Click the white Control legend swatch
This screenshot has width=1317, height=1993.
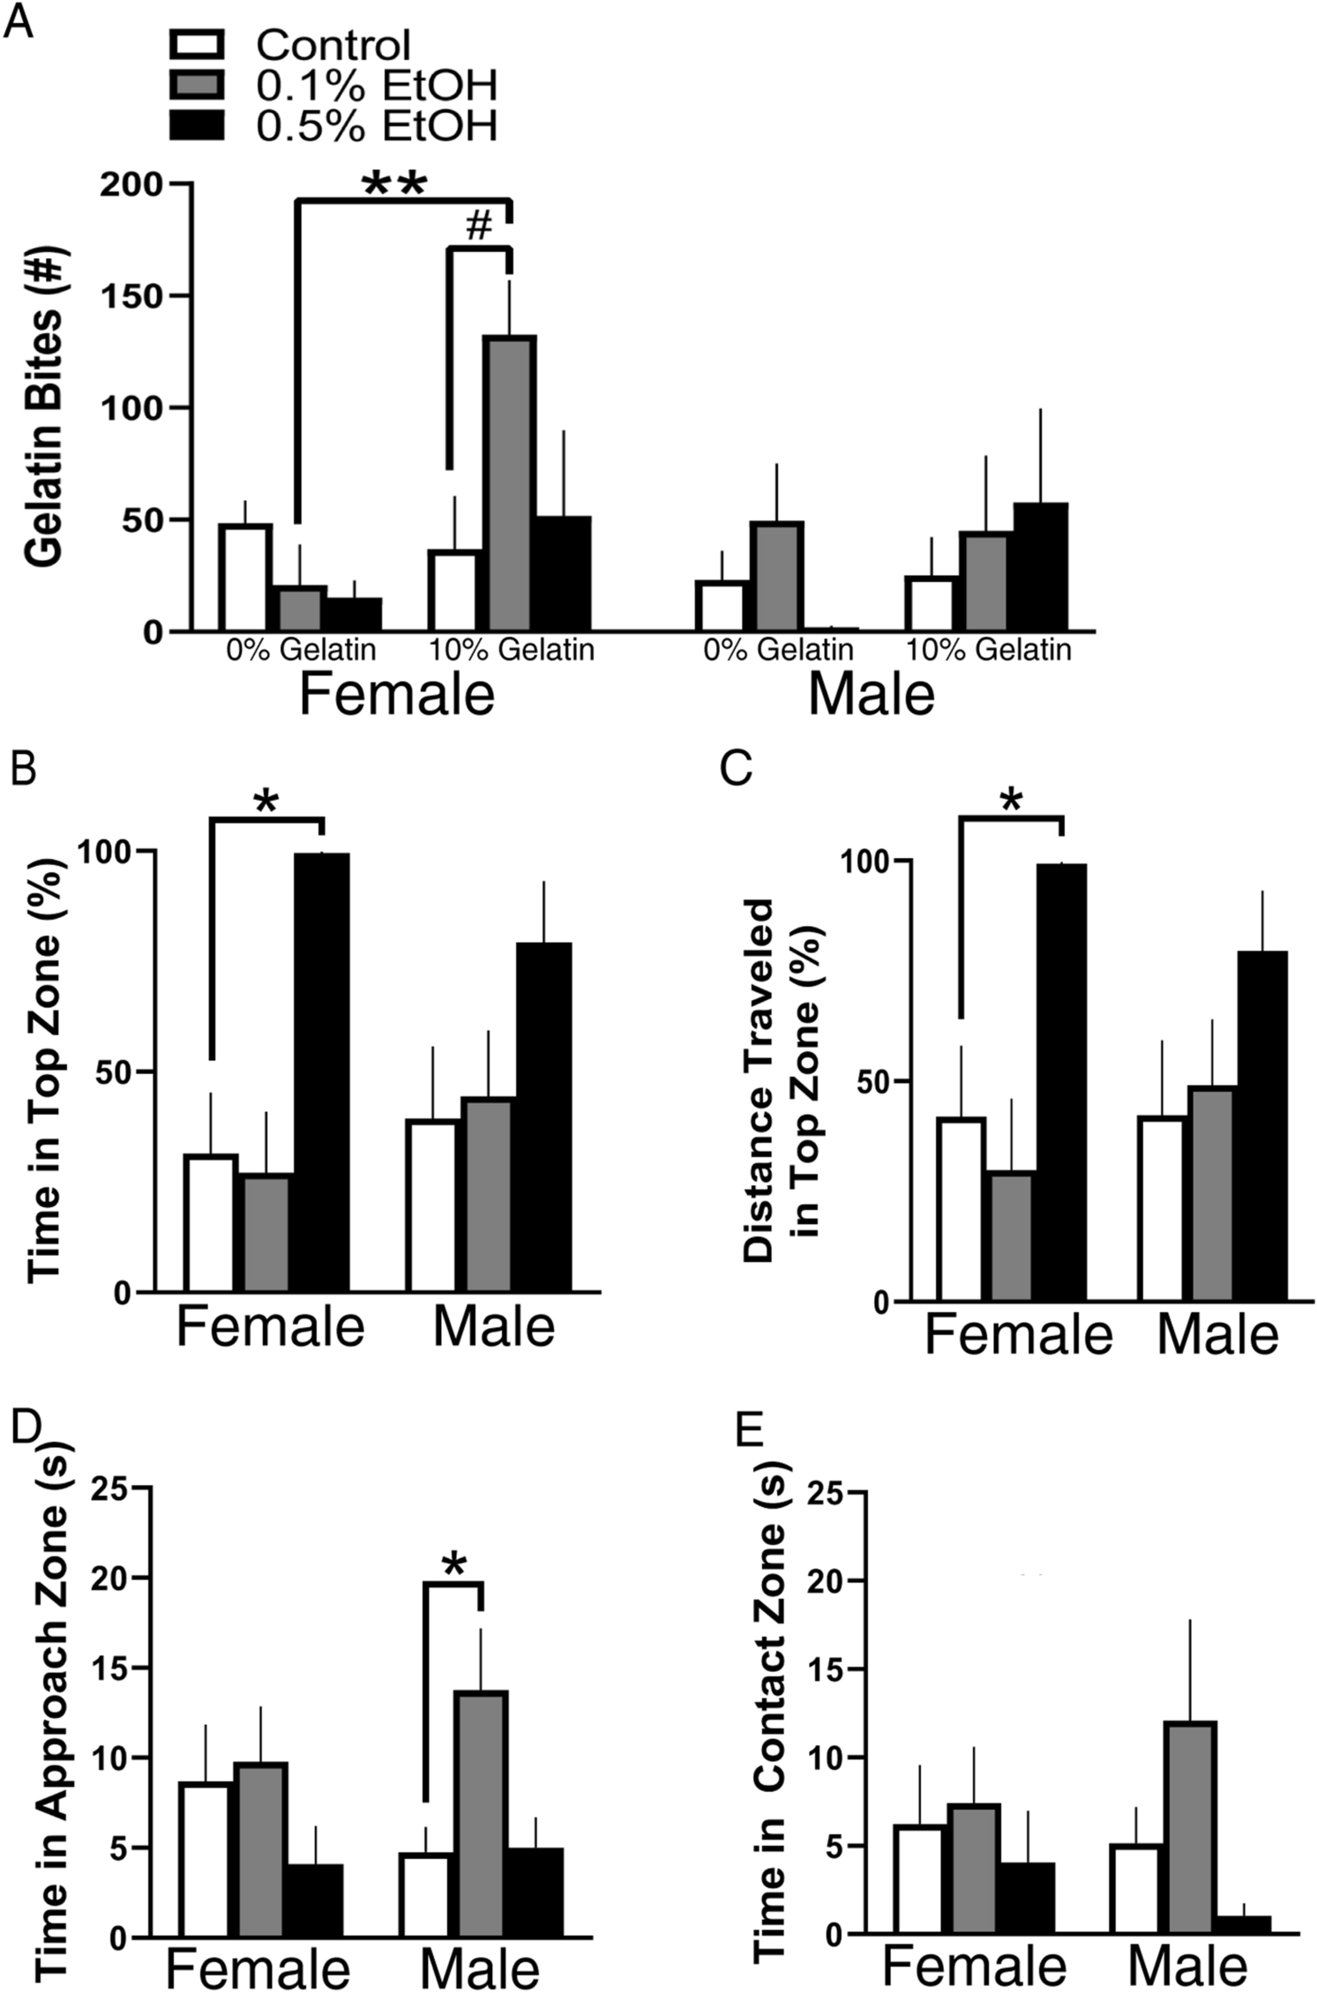pyautogui.click(x=198, y=44)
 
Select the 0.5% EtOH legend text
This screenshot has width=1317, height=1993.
pyautogui.click(x=377, y=126)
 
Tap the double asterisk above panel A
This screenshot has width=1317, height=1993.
pyautogui.click(x=394, y=184)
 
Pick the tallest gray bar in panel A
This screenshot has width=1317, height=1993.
pyautogui.click(x=509, y=483)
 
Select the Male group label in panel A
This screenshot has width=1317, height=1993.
pyautogui.click(x=870, y=695)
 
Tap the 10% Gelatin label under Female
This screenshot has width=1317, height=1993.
pyautogui.click(x=511, y=651)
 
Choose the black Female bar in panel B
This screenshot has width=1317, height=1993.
pyautogui.click(x=321, y=1072)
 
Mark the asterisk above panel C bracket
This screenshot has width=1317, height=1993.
pyautogui.click(x=1011, y=803)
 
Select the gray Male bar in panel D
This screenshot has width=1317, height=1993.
pyautogui.click(x=481, y=1814)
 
